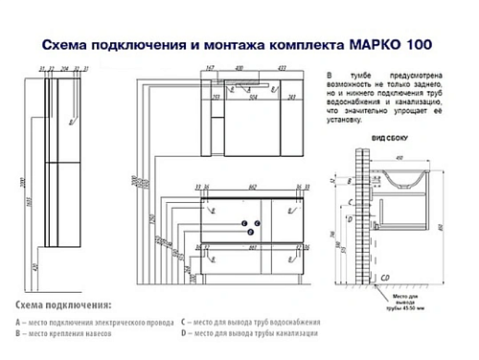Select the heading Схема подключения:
[x=62, y=304]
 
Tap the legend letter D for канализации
[x=185, y=333]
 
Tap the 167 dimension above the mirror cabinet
[x=209, y=69]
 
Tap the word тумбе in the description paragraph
[x=361, y=76]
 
